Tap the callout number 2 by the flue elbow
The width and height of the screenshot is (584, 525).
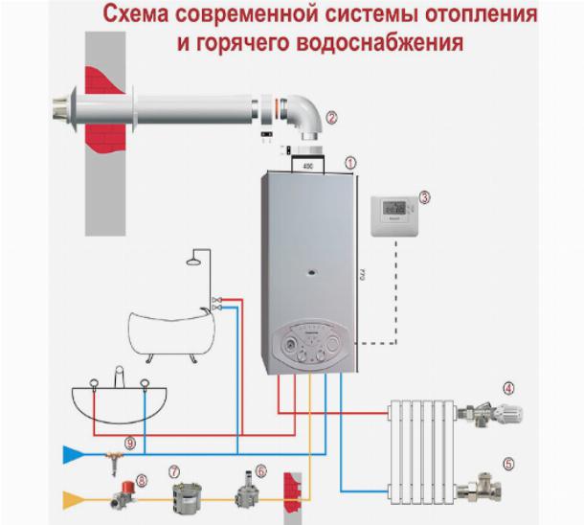click(331, 118)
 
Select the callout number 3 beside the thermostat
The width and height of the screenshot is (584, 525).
click(424, 198)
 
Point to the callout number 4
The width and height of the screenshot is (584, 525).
click(508, 389)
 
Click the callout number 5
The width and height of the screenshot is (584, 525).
click(508, 464)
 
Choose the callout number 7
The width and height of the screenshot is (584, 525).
click(173, 471)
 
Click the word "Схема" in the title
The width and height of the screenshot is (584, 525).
click(137, 16)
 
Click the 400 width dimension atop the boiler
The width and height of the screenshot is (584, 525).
click(307, 167)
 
